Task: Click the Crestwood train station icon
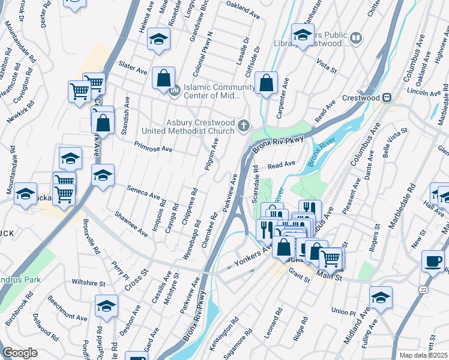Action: coord(388,98)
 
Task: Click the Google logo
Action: coord(20,353)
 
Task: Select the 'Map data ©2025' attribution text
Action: coord(423,355)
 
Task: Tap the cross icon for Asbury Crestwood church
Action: coord(243,125)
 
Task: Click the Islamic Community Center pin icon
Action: coord(175,91)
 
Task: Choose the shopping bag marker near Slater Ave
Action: coord(163,77)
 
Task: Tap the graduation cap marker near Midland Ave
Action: coord(381,297)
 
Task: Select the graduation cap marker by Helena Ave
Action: coord(159,39)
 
